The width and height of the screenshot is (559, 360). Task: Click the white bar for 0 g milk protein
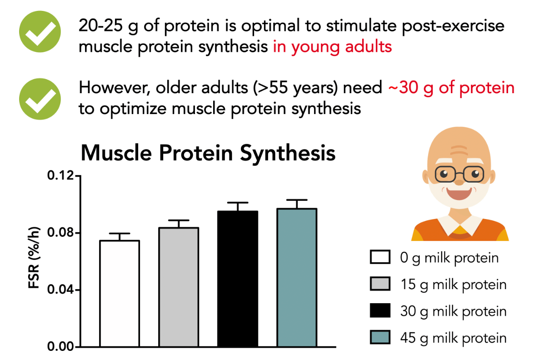(120, 294)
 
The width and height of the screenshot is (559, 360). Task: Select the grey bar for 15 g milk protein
(179, 287)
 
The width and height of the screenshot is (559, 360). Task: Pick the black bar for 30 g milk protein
(238, 279)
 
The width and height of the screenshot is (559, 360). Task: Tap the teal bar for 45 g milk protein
(297, 278)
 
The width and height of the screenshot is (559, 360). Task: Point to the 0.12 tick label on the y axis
(60, 175)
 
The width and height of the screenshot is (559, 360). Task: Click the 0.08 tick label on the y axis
(60, 232)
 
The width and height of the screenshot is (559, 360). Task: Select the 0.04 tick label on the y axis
(60, 290)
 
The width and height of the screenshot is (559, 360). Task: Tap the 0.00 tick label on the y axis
(60, 346)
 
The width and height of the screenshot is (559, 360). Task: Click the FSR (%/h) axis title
(34, 258)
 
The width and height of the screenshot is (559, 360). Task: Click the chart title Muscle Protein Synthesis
(208, 153)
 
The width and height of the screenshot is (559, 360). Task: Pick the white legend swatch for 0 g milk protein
(380, 257)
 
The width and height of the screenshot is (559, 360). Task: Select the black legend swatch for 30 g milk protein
(380, 310)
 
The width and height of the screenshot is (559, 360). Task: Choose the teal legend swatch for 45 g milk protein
(380, 337)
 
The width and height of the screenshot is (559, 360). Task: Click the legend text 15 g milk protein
(454, 285)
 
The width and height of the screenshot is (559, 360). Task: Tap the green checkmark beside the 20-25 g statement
(40, 31)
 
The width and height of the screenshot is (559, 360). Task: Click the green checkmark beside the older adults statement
(40, 99)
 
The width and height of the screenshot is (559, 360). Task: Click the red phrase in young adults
(332, 47)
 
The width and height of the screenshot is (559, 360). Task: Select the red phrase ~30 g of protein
(451, 88)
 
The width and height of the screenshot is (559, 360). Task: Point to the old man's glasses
(459, 174)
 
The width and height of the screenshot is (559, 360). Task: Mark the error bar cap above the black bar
(238, 202)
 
